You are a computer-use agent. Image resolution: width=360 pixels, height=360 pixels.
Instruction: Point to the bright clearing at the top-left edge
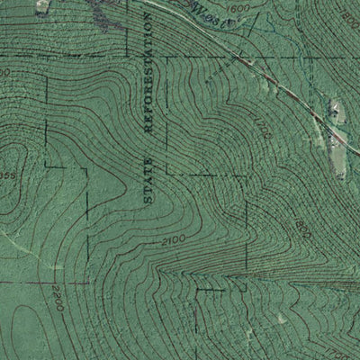(x=41, y=5)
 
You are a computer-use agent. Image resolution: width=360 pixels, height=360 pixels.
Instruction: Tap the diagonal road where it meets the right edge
(x=355, y=155)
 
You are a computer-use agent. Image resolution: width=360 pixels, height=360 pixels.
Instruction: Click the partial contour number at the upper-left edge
(x=5, y=69)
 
